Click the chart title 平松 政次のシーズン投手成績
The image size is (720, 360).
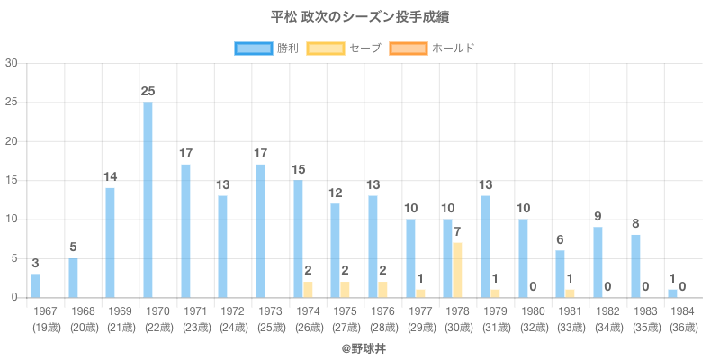point(360,17)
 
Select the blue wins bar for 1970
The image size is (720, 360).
point(148,200)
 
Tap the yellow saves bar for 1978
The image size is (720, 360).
point(457,270)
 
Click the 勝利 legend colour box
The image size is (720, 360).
point(253,48)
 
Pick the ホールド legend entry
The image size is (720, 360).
point(432,48)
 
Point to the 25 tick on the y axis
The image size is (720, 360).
point(12,103)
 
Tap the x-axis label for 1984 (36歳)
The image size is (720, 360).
point(682,318)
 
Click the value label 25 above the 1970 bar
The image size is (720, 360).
point(148,92)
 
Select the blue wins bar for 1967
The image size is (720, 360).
point(35,285)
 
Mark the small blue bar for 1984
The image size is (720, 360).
point(672,293)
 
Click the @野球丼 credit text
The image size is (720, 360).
point(360,346)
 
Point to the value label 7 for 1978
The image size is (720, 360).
point(457,232)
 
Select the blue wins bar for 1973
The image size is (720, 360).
point(260,231)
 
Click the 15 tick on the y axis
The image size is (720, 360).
point(12,181)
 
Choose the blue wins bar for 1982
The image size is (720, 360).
point(598,262)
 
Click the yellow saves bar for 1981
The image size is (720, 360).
point(570,293)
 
